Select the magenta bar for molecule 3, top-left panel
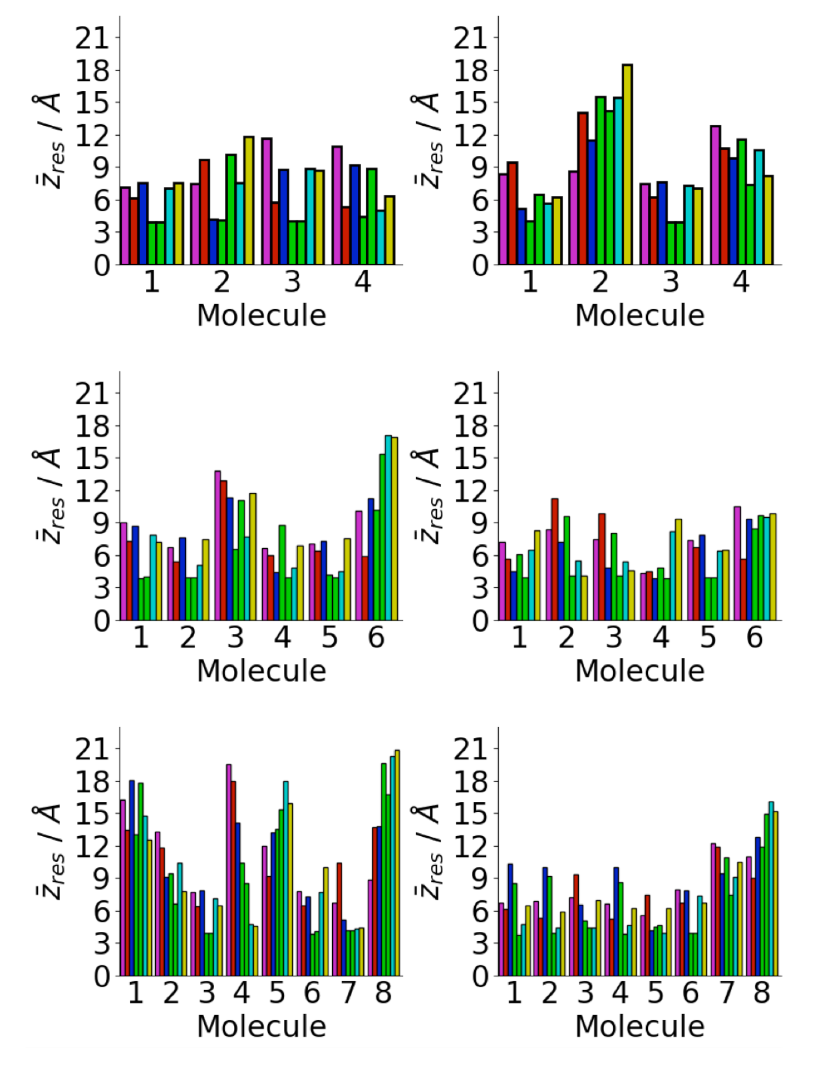[267, 202]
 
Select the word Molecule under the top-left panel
[261, 315]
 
